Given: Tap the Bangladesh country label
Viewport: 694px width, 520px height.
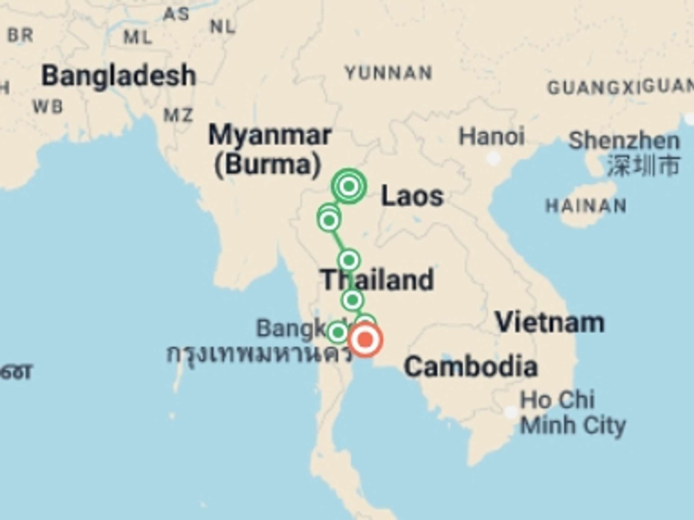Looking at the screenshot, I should click(119, 75).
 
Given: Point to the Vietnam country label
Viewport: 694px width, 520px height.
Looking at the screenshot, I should click(550, 322).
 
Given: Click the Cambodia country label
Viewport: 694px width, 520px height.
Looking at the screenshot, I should click(471, 367).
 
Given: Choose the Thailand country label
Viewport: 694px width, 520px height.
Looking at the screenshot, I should click(377, 279).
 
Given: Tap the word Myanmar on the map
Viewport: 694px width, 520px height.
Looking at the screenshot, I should click(270, 135).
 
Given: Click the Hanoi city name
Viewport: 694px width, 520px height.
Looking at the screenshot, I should click(492, 136).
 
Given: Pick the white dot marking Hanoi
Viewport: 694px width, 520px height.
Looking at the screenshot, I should click(493, 158).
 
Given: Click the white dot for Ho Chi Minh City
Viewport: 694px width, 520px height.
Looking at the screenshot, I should click(511, 412).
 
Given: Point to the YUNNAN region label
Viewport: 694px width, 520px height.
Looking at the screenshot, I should click(389, 73).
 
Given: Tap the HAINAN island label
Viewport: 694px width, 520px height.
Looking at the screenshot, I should click(586, 206).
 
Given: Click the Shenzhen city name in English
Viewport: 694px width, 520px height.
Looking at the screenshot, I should click(624, 141).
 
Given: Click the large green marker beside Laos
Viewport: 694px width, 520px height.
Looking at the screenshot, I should click(348, 186).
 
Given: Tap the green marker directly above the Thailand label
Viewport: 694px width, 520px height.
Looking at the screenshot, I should click(349, 260).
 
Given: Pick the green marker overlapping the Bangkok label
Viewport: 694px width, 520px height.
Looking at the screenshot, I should click(338, 332).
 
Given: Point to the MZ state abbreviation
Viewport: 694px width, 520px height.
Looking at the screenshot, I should click(179, 116).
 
